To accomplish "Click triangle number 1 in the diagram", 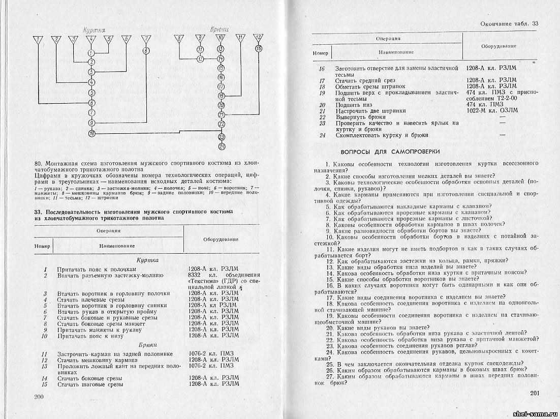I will pyautogui.click(x=37, y=39).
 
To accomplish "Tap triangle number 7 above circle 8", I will pyautogui.click(x=146, y=39).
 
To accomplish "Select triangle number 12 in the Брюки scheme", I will pyautogui.click(x=259, y=38).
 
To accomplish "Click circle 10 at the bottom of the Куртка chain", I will pyautogui.click(x=91, y=133).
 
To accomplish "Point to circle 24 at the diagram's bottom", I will pyautogui.click(x=221, y=147).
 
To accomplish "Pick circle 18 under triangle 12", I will pyautogui.click(x=259, y=48).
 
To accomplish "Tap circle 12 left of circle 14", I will pyautogui.click(x=200, y=58).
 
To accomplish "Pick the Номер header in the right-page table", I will pyautogui.click(x=321, y=53).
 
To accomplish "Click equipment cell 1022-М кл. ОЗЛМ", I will pyautogui.click(x=492, y=110).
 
